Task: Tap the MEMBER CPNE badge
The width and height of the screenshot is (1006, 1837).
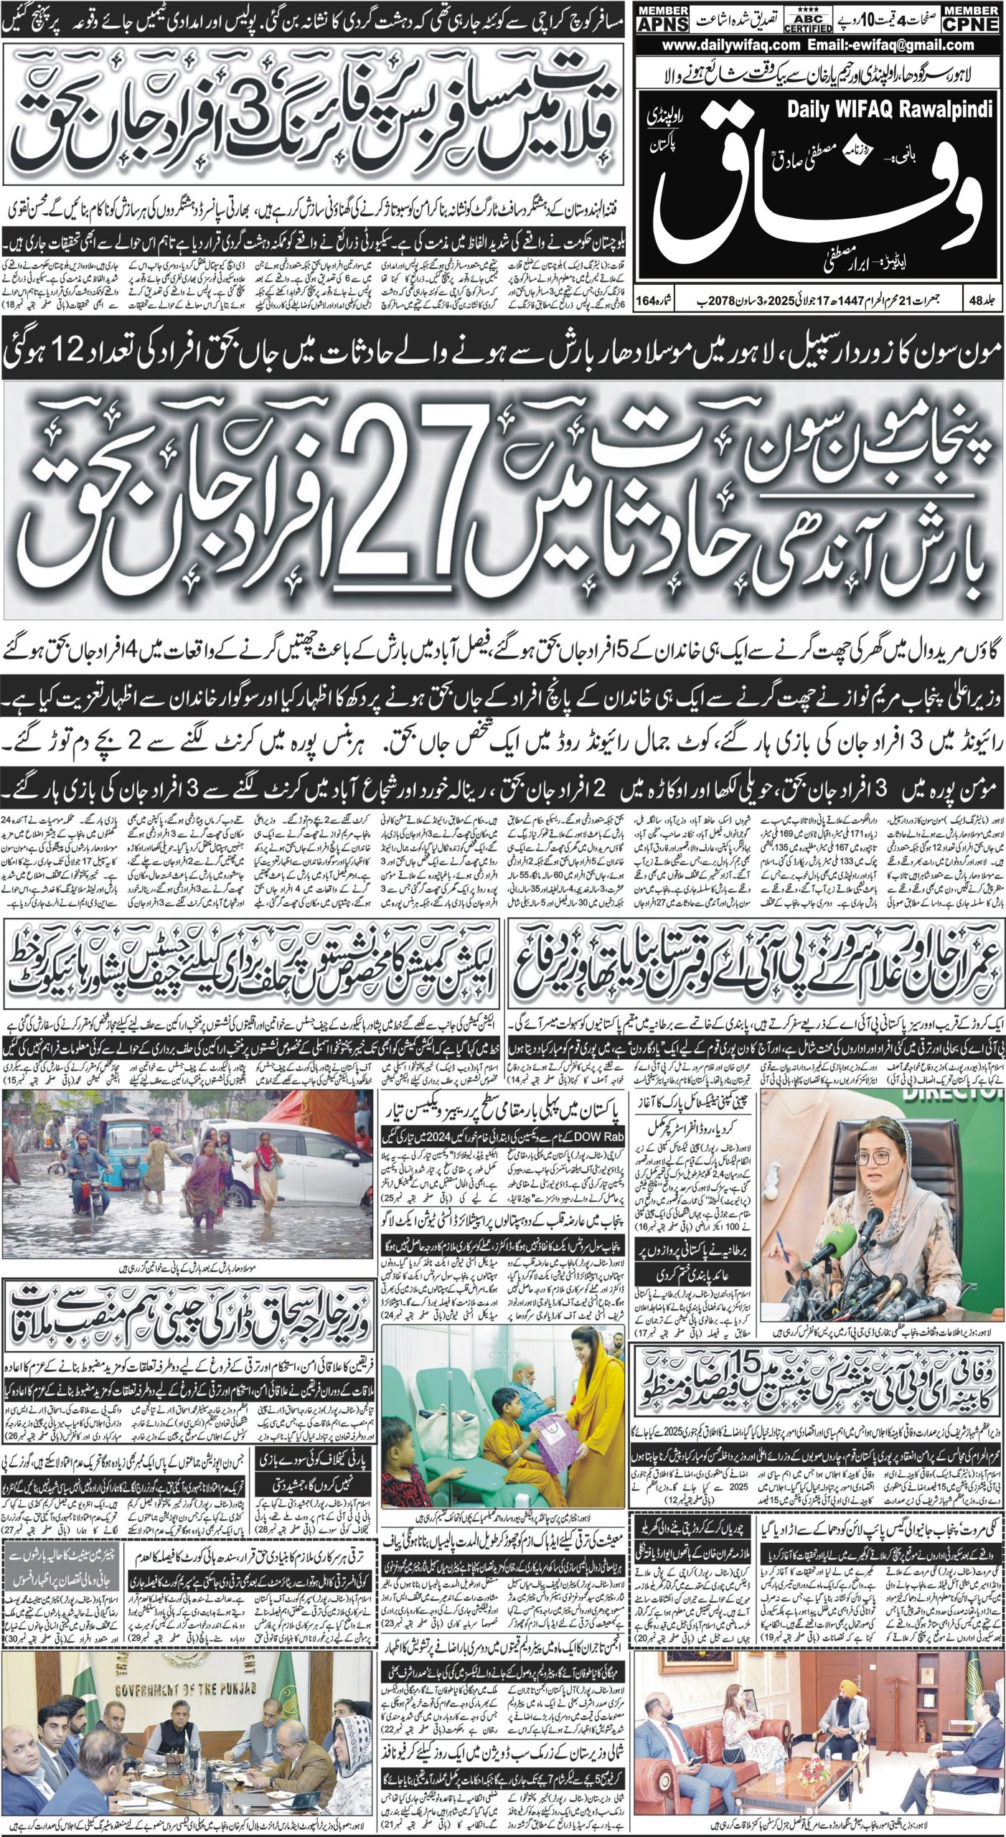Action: click(x=973, y=18)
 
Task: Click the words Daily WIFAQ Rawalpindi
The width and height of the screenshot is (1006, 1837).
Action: click(x=890, y=110)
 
